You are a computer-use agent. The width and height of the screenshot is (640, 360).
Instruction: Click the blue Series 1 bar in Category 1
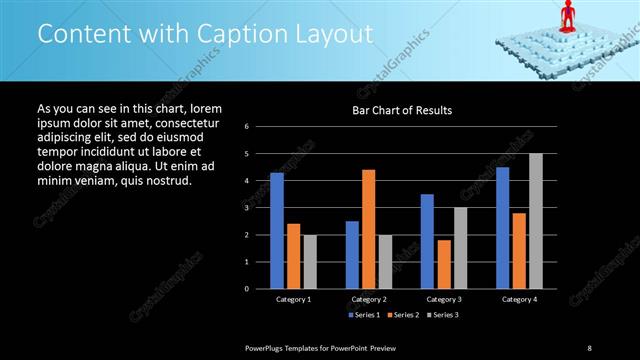point(277,230)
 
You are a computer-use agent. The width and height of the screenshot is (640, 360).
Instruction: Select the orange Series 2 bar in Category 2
point(368,229)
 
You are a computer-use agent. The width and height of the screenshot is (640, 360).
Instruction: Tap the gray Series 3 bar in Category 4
point(536,221)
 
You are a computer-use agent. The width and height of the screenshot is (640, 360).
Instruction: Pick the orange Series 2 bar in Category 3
point(444,264)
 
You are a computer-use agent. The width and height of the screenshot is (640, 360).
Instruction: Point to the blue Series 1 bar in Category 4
point(502,227)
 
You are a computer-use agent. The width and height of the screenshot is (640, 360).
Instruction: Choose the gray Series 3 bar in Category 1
point(310,261)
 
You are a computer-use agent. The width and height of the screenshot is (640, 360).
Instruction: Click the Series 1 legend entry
point(361,315)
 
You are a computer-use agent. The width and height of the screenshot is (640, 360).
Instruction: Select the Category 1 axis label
point(293,299)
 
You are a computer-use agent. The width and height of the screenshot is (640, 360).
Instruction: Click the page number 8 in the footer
point(589,347)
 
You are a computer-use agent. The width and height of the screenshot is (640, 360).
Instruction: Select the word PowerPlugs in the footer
point(269,347)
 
